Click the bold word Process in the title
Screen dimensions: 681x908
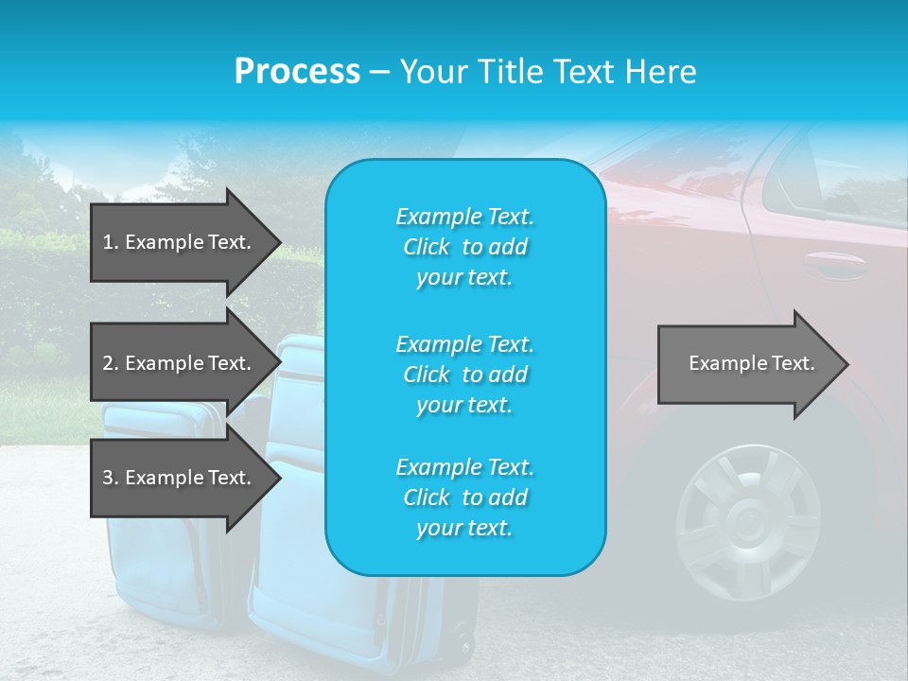(x=297, y=72)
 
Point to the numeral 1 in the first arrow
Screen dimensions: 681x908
(x=107, y=242)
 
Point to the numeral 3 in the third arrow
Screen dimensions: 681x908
(x=107, y=478)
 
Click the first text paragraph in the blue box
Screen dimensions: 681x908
(x=464, y=247)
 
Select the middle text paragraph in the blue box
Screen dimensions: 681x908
(x=464, y=375)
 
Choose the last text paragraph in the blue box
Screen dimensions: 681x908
(x=464, y=498)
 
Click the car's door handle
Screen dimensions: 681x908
(x=833, y=264)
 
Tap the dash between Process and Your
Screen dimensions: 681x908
(x=380, y=73)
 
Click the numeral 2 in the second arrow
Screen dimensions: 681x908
(x=107, y=363)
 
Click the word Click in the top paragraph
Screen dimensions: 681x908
(x=426, y=247)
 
